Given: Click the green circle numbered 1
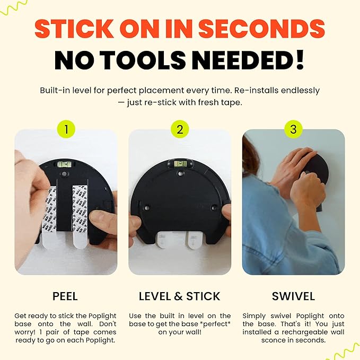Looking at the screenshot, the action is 66,129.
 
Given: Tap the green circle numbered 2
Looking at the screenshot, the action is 180,129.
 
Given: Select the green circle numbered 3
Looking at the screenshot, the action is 293,129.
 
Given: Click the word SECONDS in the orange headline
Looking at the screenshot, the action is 261,29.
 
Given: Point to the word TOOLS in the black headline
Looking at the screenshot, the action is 143,60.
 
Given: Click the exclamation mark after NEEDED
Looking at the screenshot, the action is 300,60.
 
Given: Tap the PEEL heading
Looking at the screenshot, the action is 65,296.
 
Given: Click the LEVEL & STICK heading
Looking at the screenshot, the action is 180,296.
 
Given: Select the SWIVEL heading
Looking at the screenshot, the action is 293,296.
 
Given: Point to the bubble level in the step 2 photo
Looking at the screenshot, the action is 180,164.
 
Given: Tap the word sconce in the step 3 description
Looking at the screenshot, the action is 273,340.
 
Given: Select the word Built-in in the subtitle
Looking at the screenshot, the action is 55,90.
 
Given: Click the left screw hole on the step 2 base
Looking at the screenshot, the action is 146,208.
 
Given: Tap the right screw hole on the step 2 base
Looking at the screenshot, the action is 214,208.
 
